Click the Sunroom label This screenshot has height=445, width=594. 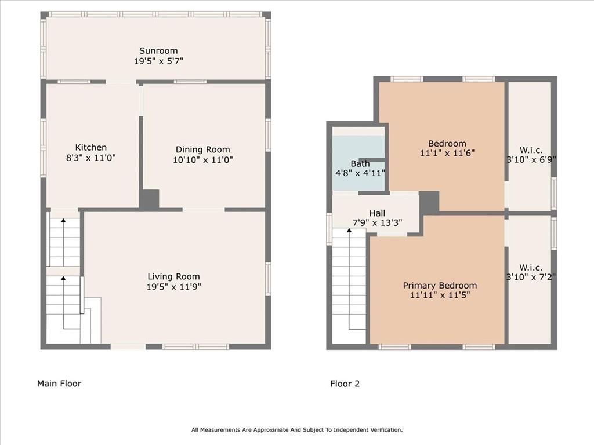158,51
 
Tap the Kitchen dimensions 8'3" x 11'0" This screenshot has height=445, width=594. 91,158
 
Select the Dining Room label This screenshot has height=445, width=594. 202,150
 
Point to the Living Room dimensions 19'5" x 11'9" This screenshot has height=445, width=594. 174,287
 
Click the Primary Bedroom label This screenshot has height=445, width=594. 440,286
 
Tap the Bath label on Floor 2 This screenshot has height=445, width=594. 360,164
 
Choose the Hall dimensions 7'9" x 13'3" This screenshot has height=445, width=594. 377,223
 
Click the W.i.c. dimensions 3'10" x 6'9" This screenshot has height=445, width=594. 531,159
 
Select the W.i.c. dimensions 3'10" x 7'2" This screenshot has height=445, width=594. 531,277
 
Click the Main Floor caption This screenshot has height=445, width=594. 59,384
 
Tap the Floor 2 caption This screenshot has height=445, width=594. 345,384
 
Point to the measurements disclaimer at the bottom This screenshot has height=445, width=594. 297,430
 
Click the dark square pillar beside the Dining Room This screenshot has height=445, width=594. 149,199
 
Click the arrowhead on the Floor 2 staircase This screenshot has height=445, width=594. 349,229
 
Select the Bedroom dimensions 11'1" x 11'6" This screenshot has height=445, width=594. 447,153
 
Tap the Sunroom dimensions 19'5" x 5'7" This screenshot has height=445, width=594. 158,61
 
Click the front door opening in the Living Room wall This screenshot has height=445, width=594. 128,346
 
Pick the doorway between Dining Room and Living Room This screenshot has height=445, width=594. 204,210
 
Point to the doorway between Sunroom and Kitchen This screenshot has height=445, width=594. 121,82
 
